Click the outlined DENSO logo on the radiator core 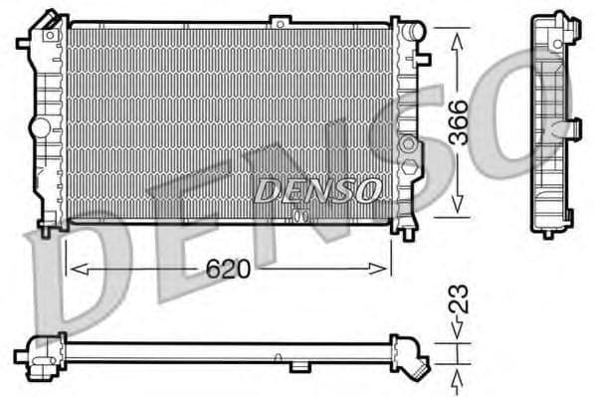[316, 188]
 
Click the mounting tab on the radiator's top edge [281, 19]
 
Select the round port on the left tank [39, 128]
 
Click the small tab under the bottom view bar [298, 366]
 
